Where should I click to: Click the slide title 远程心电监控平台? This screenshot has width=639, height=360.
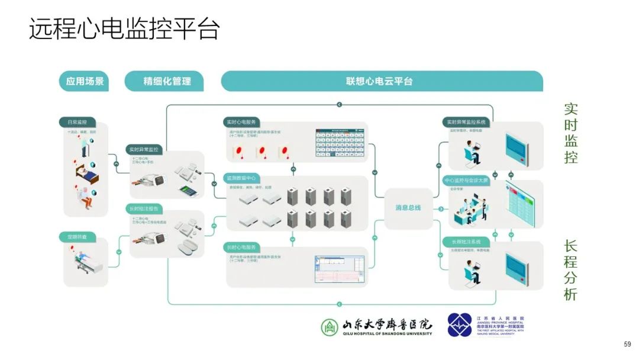124,29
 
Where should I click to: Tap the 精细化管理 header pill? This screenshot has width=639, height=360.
164,81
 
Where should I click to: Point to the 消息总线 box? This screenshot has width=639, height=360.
408,208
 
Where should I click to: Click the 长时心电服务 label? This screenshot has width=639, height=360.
241,246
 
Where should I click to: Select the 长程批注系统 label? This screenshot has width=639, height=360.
466,242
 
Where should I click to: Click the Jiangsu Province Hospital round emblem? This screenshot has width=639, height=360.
460,325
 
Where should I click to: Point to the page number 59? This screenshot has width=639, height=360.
628,344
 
